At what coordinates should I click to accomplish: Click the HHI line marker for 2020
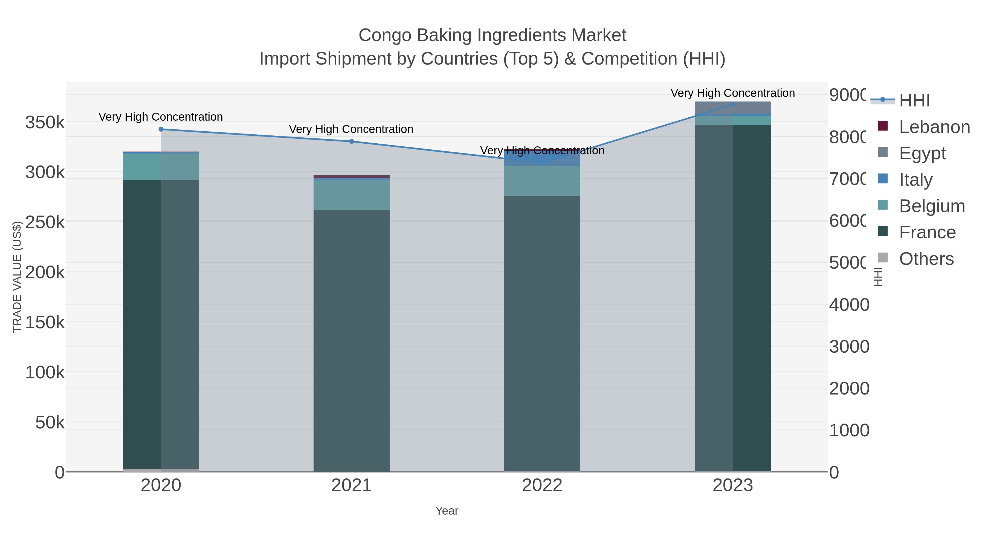click(x=161, y=129)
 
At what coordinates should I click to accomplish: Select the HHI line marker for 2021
click(x=351, y=141)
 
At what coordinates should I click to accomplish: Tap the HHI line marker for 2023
click(x=733, y=105)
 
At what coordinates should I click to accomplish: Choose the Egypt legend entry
click(x=922, y=153)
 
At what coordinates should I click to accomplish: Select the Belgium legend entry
click(x=931, y=206)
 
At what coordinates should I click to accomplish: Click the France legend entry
click(x=927, y=233)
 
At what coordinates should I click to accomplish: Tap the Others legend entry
click(x=926, y=259)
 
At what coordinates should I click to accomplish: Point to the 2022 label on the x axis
click(x=542, y=486)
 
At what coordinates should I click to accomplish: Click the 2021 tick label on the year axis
click(x=351, y=486)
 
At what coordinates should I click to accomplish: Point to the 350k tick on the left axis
click(x=45, y=123)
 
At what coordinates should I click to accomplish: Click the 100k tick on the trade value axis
click(x=45, y=372)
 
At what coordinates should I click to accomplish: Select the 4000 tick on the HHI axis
click(x=849, y=305)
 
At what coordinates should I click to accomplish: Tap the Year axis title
click(x=447, y=511)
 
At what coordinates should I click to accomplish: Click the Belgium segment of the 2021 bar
click(x=351, y=195)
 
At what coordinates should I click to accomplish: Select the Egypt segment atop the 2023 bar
click(x=733, y=108)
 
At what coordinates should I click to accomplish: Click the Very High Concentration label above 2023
click(x=733, y=93)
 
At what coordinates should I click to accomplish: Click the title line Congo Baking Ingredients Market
click(x=492, y=35)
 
